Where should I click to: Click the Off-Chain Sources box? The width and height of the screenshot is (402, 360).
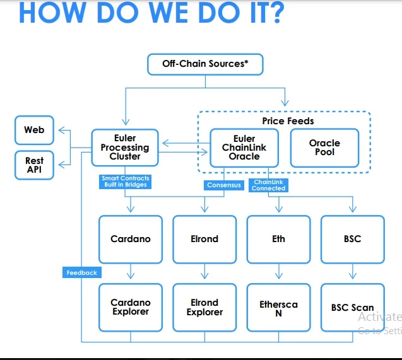204,64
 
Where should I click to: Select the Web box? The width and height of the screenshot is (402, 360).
35,130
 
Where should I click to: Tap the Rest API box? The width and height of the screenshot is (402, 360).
35,165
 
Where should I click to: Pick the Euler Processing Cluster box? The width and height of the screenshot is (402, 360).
125,148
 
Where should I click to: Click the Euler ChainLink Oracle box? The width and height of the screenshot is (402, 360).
244,148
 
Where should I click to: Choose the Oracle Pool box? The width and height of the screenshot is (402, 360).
324,148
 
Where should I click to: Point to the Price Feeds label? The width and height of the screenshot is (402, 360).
288,120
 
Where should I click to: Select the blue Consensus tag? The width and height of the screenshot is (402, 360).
224,185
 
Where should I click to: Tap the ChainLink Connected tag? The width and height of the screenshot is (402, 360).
269,185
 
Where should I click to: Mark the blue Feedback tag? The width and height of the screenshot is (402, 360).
82,273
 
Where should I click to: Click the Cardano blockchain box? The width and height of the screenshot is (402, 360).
131,239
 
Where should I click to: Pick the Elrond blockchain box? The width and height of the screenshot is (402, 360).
204,239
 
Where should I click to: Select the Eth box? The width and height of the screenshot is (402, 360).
278,239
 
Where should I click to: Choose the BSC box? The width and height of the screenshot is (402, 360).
352,239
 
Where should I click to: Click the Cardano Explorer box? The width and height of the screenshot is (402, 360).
131,307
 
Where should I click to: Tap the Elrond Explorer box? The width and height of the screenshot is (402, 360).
204,307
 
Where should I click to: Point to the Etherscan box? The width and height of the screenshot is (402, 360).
278,307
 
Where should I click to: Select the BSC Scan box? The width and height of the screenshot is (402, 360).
352,307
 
